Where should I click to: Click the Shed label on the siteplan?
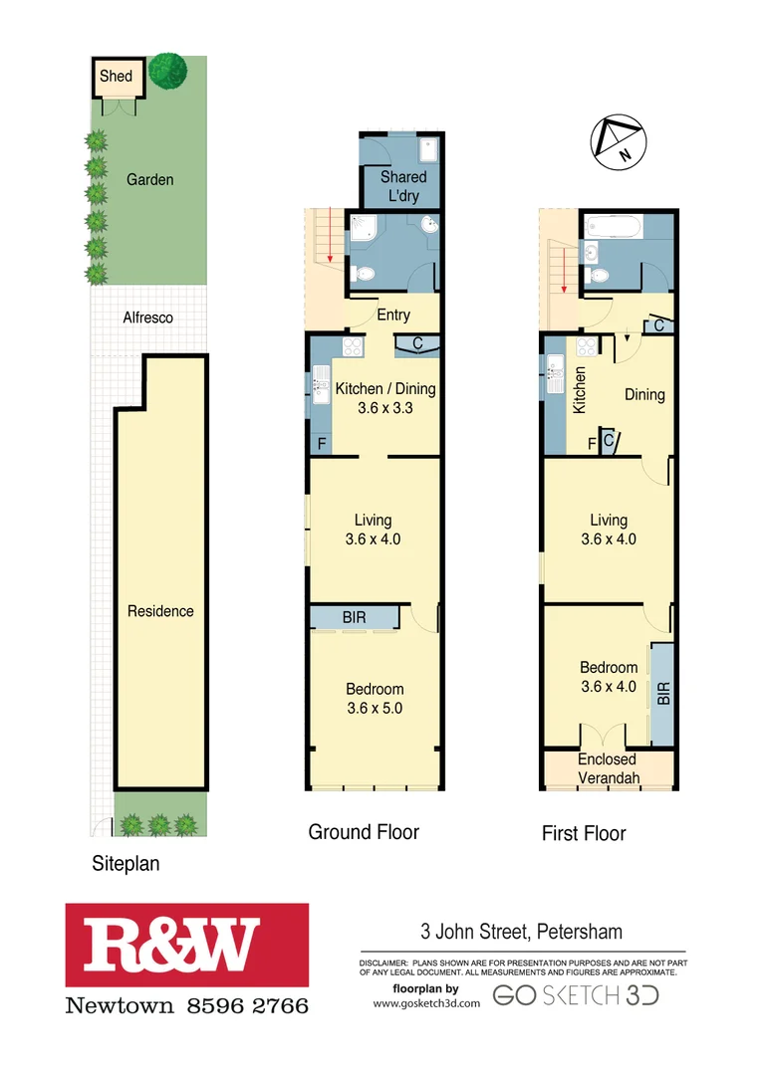coord(116,76)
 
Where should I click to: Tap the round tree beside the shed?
coord(168,70)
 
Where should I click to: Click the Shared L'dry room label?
coord(402,186)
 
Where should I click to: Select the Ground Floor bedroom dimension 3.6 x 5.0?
coord(375,709)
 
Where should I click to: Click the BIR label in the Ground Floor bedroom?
coord(354,617)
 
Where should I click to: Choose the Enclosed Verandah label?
coord(609,768)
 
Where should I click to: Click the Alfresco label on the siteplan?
coord(147,318)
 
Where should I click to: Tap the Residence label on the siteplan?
coord(160,611)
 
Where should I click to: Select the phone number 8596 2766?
coord(248,1005)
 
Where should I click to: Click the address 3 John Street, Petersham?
coord(521,933)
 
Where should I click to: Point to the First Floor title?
coord(584,833)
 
